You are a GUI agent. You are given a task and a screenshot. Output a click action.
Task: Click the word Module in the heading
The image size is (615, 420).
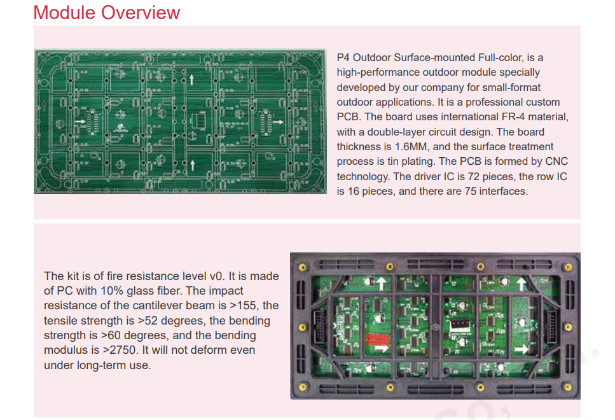pos(64,12)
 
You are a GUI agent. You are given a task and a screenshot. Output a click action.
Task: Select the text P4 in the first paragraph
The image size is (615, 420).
pos(343,58)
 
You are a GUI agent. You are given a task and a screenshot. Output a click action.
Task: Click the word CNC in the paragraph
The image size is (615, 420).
pos(556,162)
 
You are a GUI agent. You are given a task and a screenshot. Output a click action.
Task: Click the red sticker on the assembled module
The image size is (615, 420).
pos(377,340)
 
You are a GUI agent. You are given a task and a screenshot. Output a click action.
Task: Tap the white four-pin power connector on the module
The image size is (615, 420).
pos(460,325)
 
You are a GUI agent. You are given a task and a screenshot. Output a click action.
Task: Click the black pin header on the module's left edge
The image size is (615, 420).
pos(319,326)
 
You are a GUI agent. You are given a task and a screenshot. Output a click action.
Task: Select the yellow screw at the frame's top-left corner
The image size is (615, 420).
pos(302,267)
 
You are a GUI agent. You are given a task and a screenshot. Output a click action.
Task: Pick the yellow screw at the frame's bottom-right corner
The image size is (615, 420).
pos(567,388)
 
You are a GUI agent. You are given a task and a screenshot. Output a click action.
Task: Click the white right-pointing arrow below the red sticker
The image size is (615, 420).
pos(380,349)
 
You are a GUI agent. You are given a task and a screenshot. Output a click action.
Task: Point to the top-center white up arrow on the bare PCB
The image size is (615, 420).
pos(192,80)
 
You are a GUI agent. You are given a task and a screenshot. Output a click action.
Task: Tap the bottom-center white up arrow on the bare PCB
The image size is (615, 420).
pos(192,165)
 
